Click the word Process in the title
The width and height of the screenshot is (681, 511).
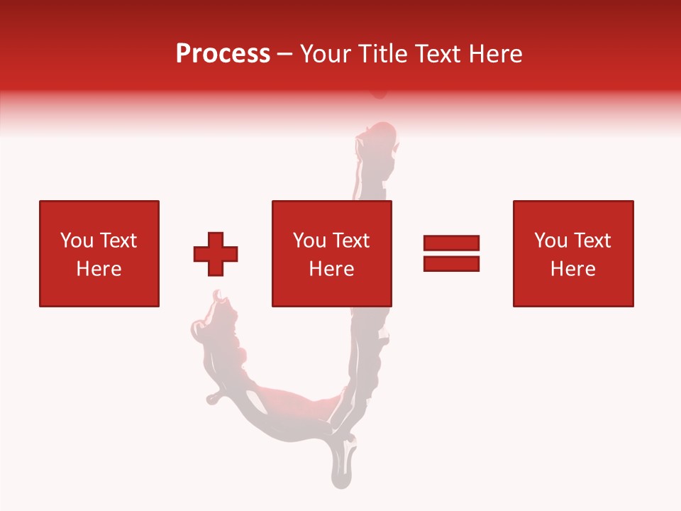click(x=223, y=54)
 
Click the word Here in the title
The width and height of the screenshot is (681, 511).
click(x=494, y=54)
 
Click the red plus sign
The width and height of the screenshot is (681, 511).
click(x=216, y=253)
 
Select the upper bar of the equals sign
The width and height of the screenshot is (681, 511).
click(x=451, y=243)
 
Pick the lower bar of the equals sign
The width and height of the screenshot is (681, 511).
click(x=451, y=263)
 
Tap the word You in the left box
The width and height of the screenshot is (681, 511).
click(x=75, y=241)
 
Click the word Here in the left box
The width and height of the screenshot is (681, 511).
click(x=99, y=269)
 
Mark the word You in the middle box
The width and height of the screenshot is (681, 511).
click(x=309, y=241)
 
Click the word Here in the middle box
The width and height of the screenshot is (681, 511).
click(x=331, y=269)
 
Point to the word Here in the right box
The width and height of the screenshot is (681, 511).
click(x=572, y=269)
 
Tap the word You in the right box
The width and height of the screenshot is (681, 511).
click(x=550, y=241)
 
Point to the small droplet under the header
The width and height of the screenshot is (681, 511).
click(x=380, y=93)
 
